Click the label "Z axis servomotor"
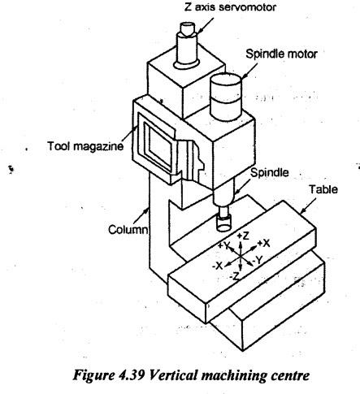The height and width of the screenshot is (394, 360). point(230,7)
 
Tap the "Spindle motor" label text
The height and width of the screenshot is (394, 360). point(281,54)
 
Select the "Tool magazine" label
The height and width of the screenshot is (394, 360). point(85,146)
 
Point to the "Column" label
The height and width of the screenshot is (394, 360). point(128,230)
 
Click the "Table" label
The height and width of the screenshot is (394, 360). point(323,189)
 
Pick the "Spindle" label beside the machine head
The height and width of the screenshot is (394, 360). point(270,172)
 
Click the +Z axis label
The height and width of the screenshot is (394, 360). point(243,236)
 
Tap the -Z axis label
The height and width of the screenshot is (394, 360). point(235,276)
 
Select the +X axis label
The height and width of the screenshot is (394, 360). point(263,243)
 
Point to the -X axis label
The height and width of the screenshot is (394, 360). point(218,266)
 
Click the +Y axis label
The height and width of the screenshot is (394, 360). point(223,245)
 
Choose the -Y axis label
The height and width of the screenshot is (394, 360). point(258,260)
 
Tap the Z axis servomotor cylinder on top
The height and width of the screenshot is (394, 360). point(187,45)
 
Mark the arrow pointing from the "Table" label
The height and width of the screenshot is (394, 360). point(309,206)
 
